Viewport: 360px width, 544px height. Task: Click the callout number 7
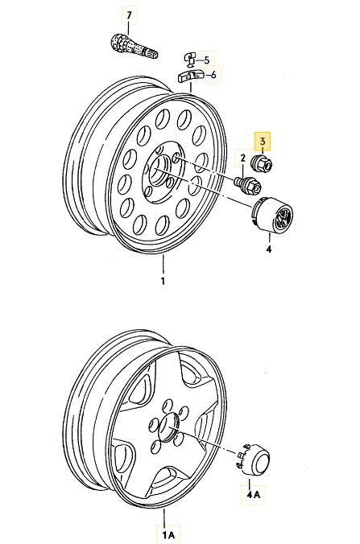click(129, 15)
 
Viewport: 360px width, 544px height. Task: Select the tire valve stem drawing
click(134, 45)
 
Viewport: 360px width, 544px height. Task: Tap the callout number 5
click(207, 60)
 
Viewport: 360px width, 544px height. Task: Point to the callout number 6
click(213, 75)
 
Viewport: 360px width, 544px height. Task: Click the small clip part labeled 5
click(190, 60)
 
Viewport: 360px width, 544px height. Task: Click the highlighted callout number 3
click(263, 141)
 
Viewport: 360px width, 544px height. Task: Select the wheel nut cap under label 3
click(262, 164)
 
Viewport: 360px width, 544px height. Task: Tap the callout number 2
click(243, 159)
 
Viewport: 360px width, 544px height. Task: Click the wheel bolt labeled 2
click(248, 186)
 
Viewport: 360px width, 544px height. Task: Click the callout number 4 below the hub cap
click(269, 249)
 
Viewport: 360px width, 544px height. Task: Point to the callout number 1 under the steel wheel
click(163, 281)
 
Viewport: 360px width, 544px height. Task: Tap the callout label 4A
click(253, 494)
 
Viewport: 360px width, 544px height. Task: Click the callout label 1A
click(168, 534)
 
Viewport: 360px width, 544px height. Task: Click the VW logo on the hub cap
click(282, 219)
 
